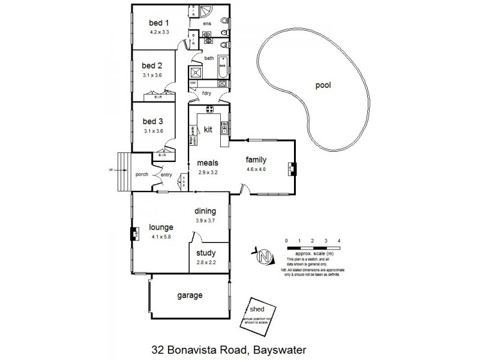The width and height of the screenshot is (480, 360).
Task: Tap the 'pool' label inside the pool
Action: point(324,85)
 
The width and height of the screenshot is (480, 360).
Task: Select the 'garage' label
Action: point(189,295)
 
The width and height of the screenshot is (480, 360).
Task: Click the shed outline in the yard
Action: point(256,314)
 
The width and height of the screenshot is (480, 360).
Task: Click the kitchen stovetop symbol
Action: point(211,109)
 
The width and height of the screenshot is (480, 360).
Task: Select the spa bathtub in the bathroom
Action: point(221,63)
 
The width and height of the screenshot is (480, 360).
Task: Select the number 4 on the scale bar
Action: point(339,241)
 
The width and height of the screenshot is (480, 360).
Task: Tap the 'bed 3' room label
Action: point(152,121)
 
